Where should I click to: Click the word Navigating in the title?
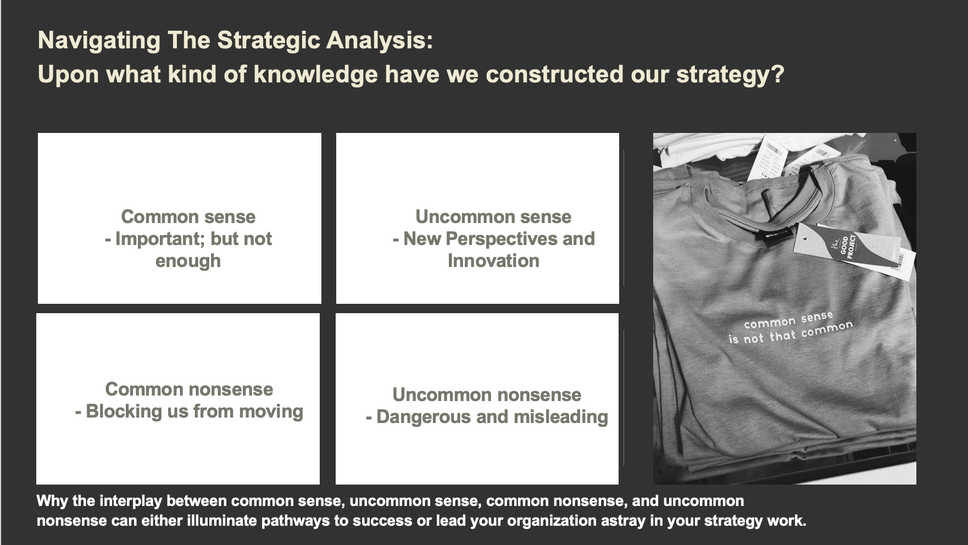[x=99, y=41]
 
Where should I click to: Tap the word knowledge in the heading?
[x=316, y=75]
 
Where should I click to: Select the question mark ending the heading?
[x=777, y=74]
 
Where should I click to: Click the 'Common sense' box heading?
[x=188, y=216]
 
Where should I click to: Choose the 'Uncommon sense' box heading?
[x=493, y=216]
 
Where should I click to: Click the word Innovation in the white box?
[x=493, y=260]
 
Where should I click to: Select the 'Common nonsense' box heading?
[x=189, y=389]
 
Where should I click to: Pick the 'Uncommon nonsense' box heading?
[x=487, y=394]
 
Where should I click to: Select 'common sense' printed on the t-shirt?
[x=788, y=320]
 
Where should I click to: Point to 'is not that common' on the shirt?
[x=791, y=333]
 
